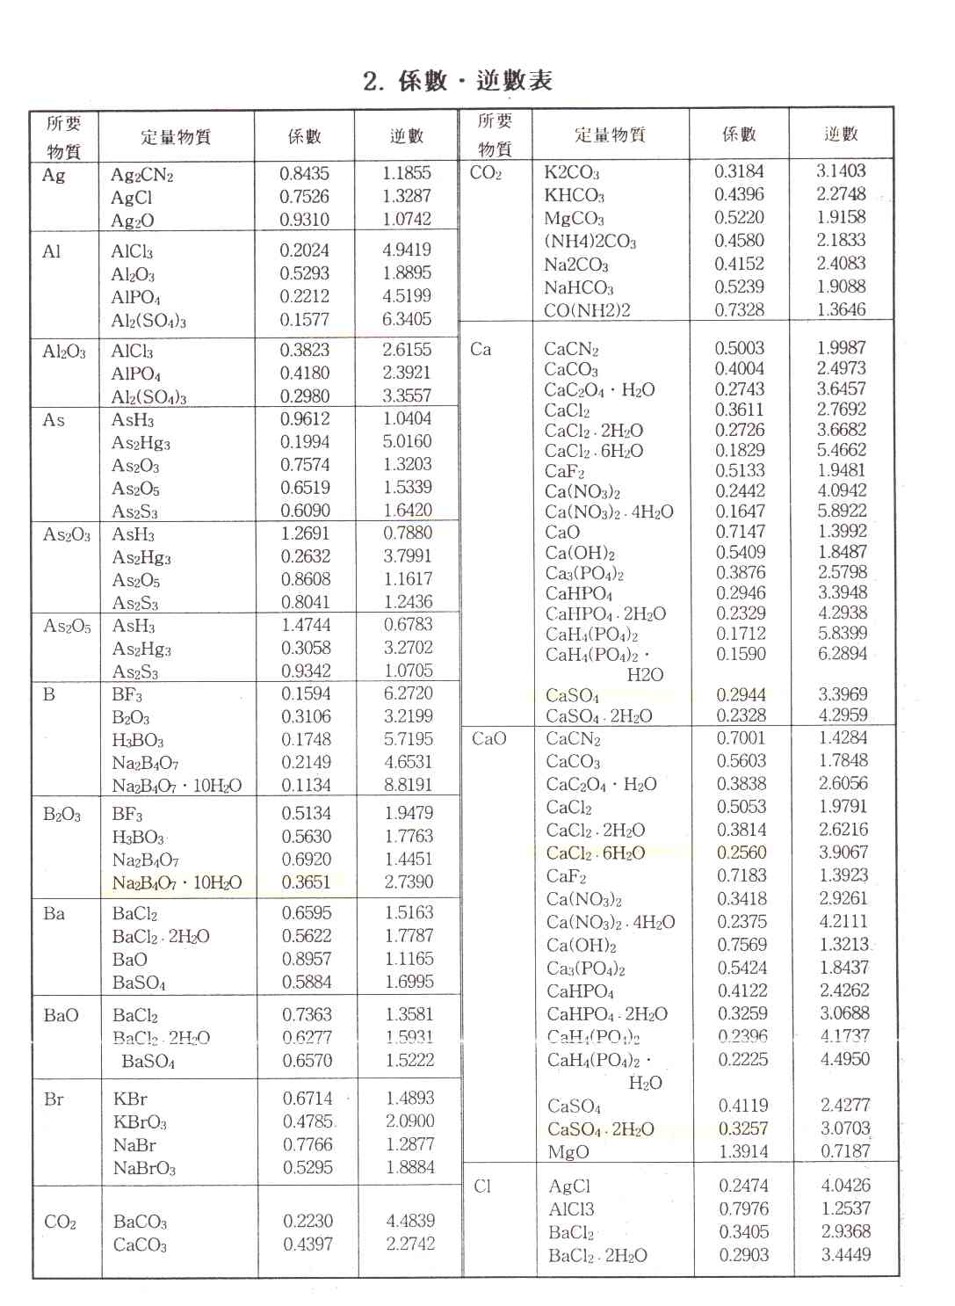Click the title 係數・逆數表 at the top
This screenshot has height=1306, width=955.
coord(458,81)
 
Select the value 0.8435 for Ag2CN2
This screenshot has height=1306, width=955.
coord(304,173)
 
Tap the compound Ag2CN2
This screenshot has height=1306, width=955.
coord(142,175)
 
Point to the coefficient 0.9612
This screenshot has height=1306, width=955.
coord(305,419)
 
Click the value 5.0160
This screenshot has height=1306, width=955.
coord(407,441)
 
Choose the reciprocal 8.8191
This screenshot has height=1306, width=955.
coord(408,785)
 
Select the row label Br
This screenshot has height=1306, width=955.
coord(54,1099)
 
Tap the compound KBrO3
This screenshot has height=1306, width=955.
coord(140,1122)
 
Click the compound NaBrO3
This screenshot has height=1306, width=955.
coord(144,1169)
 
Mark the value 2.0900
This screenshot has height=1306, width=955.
coord(409,1121)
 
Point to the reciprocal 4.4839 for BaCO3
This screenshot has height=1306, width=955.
coord(410,1221)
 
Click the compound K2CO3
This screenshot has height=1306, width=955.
coord(571,172)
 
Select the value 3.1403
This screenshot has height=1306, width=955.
coord(841,171)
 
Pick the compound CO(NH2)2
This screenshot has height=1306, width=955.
coord(587,310)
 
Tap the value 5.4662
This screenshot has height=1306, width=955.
coord(842,450)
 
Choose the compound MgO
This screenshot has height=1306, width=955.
coord(568,1152)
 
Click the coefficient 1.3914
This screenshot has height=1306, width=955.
coord(742,1151)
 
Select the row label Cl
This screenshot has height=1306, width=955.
coord(482,1186)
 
